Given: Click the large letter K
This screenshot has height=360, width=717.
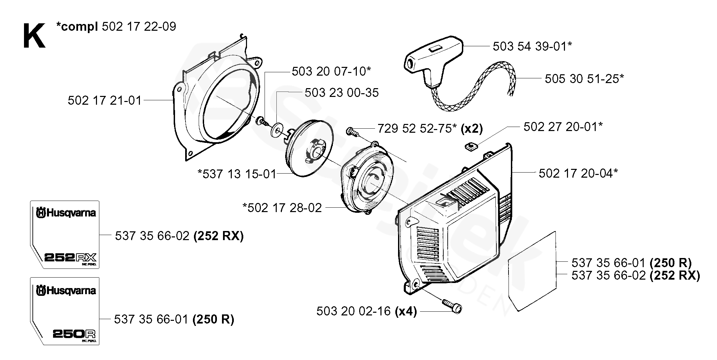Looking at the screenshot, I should [34, 36].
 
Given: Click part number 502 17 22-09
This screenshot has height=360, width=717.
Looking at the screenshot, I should [139, 27].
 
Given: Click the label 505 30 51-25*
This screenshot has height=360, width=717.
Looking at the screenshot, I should [584, 79].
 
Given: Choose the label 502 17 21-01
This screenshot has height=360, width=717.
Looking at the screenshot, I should [104, 100].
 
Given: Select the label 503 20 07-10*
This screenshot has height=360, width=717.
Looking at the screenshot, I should [331, 71].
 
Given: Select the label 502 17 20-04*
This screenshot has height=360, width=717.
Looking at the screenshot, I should [578, 173].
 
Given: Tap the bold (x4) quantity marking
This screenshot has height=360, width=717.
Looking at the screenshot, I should [405, 311].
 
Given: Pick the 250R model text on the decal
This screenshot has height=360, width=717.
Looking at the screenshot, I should [74, 334].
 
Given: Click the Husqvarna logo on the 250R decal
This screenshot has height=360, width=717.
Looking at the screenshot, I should [66, 290].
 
